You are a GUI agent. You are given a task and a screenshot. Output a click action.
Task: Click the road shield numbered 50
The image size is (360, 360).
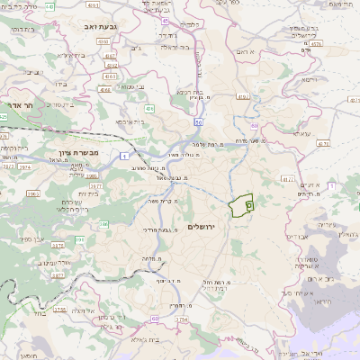pos(196,121)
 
